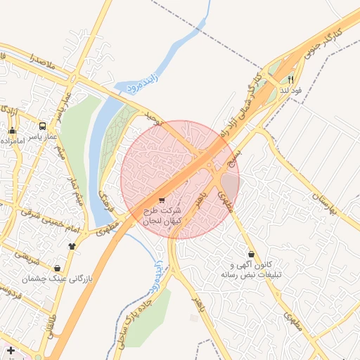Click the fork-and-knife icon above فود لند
(291, 80)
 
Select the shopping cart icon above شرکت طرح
(162, 200)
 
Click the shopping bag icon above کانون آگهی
(251, 254)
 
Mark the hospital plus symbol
(10, 349)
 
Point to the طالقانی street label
(51, 335)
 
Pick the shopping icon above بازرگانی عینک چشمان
(57, 268)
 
